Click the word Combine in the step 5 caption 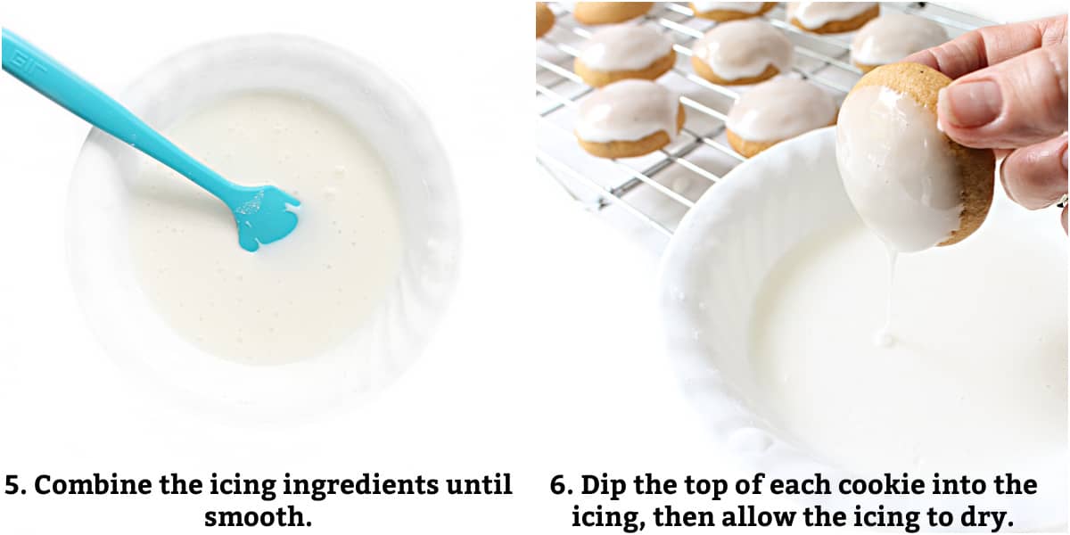point(93,485)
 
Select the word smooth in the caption point(259,516)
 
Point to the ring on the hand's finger point(1065,201)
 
